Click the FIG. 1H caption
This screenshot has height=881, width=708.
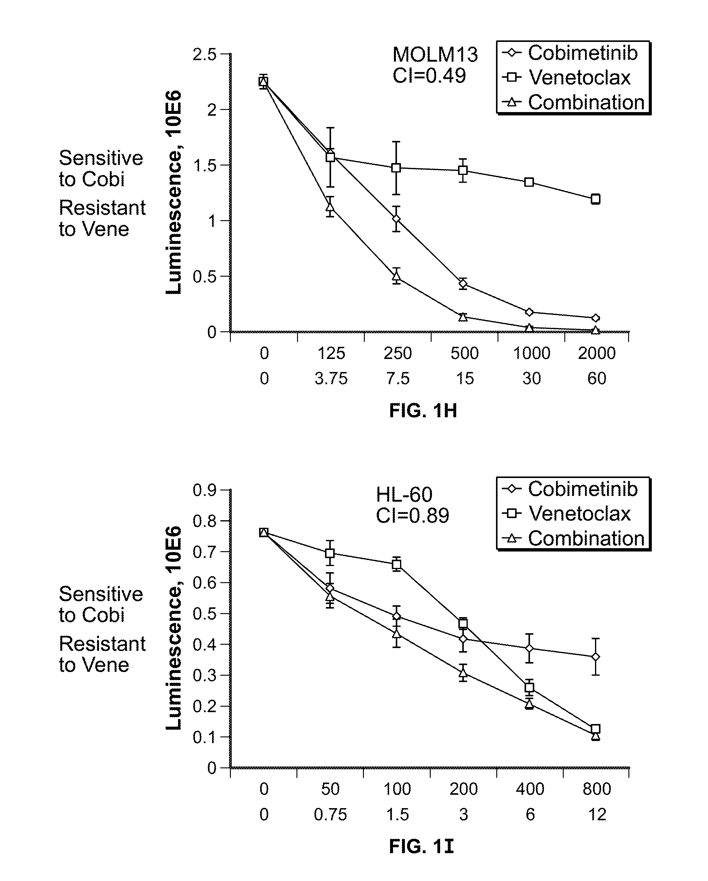(423, 410)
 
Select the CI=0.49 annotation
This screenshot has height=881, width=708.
(429, 76)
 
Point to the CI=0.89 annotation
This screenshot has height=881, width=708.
(412, 516)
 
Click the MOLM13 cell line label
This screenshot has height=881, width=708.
(435, 54)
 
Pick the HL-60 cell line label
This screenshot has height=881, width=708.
(404, 495)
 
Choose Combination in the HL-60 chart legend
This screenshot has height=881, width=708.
(586, 538)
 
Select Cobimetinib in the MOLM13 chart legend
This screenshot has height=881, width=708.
(583, 53)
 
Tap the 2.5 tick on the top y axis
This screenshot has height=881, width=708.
(204, 54)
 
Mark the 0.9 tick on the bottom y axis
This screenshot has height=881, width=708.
(204, 490)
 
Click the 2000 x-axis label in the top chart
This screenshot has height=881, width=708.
(597, 353)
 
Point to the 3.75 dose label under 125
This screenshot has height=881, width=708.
(331, 379)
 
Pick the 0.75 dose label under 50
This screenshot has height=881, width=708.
(330, 815)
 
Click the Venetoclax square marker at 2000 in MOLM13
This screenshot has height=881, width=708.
(596, 199)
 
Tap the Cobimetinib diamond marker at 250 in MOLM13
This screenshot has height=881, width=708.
(396, 219)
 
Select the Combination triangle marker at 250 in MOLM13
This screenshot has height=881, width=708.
(396, 277)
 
